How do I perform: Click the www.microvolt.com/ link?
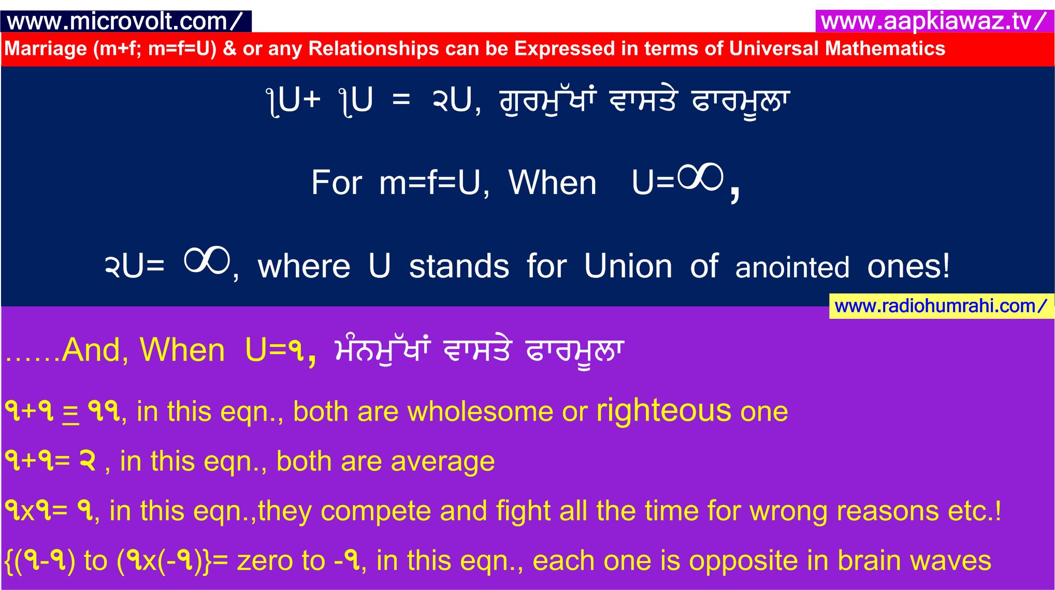125,21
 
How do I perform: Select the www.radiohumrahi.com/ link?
941,306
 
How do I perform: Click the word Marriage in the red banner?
46,49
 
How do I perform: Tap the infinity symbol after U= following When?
700,178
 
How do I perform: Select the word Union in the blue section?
628,266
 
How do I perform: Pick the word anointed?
792,268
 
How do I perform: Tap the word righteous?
664,411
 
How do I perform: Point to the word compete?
376,511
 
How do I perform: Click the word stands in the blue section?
459,266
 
